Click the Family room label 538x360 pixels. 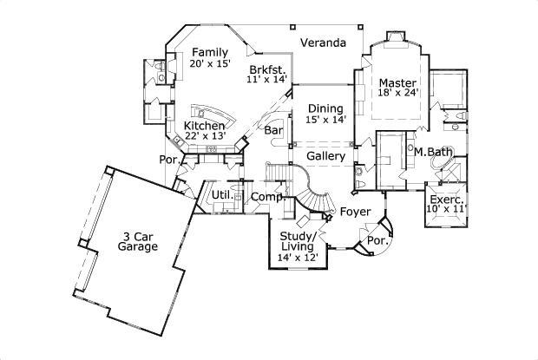[x=209, y=52]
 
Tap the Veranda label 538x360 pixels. [x=323, y=43]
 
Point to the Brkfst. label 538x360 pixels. [x=266, y=69]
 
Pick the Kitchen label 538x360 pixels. [x=205, y=126]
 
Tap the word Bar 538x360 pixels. [x=274, y=131]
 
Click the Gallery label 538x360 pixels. [x=326, y=156]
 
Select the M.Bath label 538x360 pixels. [x=432, y=153]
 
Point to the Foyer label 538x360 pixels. [x=355, y=212]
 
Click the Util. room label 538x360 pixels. [x=221, y=195]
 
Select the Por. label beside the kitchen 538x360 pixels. [x=167, y=160]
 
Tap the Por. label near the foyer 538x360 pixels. [x=376, y=239]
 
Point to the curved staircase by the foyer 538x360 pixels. [x=312, y=187]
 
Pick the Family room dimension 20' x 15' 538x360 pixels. [x=209, y=64]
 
